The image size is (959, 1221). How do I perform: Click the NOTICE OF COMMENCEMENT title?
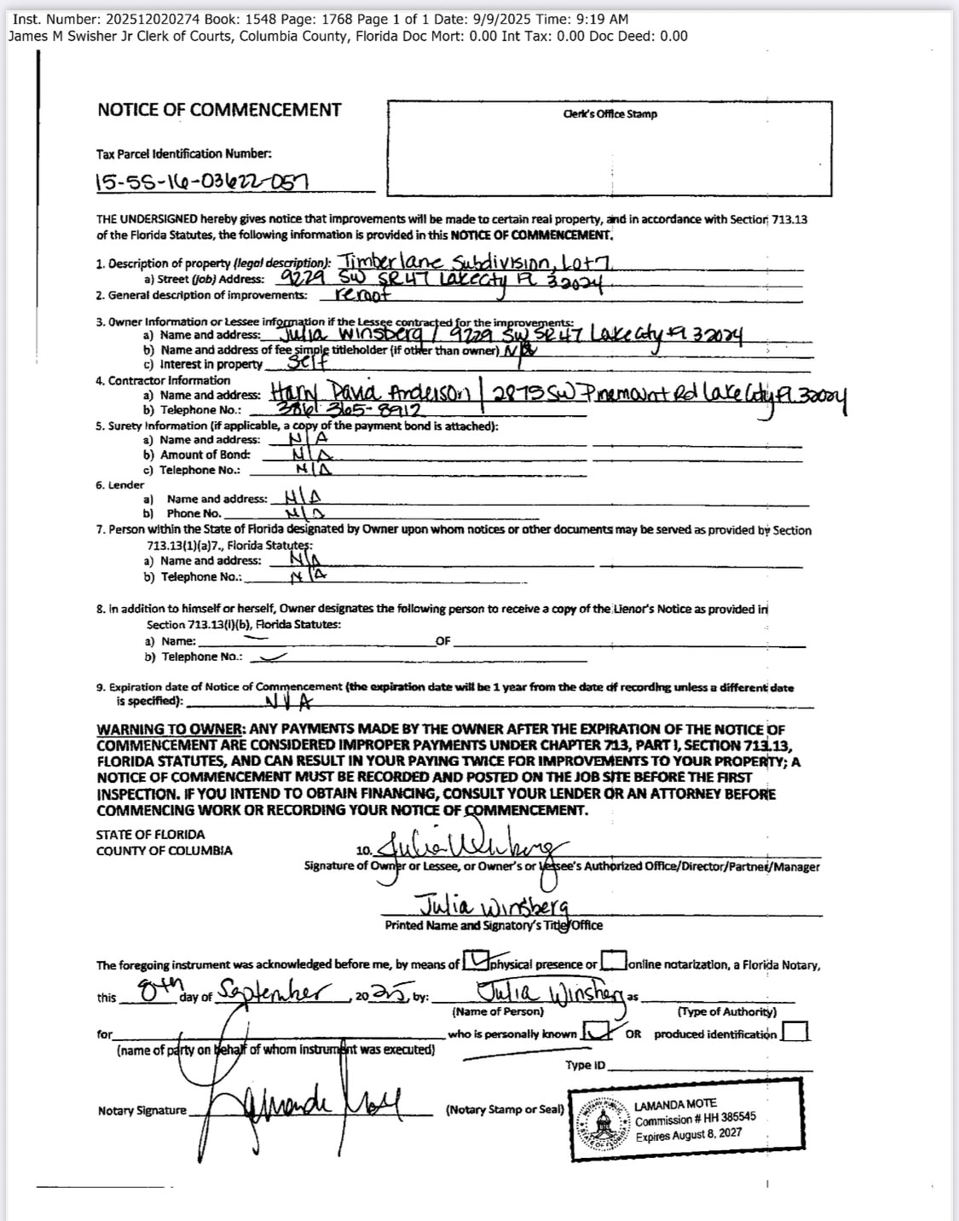[x=219, y=110]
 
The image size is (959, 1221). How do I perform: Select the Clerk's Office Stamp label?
[x=610, y=114]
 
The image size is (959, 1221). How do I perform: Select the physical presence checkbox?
[x=474, y=963]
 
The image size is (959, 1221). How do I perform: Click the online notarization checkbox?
[x=614, y=963]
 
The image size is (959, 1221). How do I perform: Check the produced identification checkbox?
[x=794, y=1033]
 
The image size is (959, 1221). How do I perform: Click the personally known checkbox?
[x=595, y=1033]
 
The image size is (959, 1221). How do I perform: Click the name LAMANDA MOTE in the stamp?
[x=675, y=1104]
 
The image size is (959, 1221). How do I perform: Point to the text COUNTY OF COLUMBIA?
[x=164, y=851]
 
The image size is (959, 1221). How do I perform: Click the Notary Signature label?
[x=142, y=1110]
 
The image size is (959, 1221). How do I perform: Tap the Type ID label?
[x=585, y=1065]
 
